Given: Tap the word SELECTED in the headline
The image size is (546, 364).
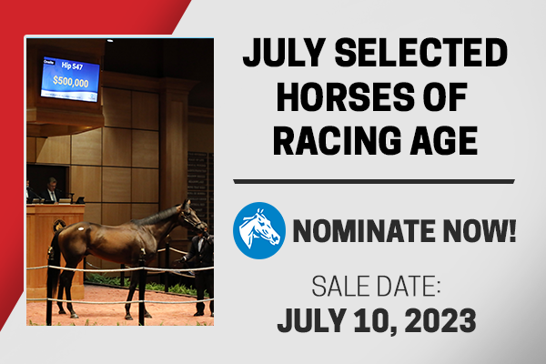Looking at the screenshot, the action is click(421, 52).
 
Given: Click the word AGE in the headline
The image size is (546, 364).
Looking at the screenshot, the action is click(443, 140).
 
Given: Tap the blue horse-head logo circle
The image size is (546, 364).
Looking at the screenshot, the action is click(259, 230).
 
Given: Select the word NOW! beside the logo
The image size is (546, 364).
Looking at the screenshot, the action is click(478, 230).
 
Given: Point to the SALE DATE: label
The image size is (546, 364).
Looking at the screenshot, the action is click(376, 286).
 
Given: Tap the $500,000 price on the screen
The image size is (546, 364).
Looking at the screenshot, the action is click(71, 82).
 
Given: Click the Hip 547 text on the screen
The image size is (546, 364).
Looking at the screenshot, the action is click(72, 66).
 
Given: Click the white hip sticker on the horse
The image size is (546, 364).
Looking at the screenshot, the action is click(81, 228).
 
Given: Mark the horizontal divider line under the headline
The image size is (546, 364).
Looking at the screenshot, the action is click(374, 181).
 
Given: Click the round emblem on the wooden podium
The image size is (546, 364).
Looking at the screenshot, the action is click(59, 226).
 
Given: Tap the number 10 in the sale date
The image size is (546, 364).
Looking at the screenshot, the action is click(373, 320).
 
